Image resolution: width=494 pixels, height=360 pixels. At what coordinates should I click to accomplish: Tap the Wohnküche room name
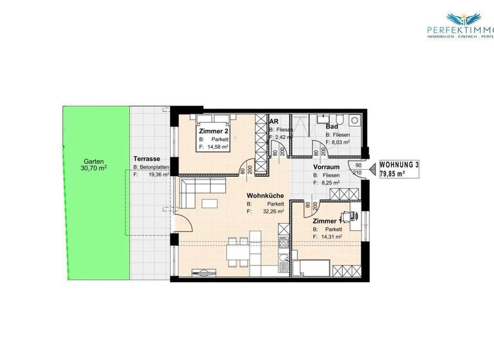pyautogui.click(x=266, y=197)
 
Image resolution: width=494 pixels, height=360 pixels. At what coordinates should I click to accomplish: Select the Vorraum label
pyautogui.click(x=325, y=166)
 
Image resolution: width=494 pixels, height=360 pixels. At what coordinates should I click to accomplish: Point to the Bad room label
pyautogui.click(x=332, y=127)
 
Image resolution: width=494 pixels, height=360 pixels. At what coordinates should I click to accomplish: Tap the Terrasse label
pyautogui.click(x=147, y=159)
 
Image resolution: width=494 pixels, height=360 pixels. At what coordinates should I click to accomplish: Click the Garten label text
pyautogui.click(x=93, y=162)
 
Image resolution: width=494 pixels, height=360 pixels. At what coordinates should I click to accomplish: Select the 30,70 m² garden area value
pyautogui.click(x=94, y=169)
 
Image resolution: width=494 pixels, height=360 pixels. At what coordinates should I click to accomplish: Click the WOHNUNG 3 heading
pyautogui.click(x=399, y=165)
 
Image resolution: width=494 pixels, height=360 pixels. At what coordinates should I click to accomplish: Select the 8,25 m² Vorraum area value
pyautogui.click(x=329, y=183)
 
